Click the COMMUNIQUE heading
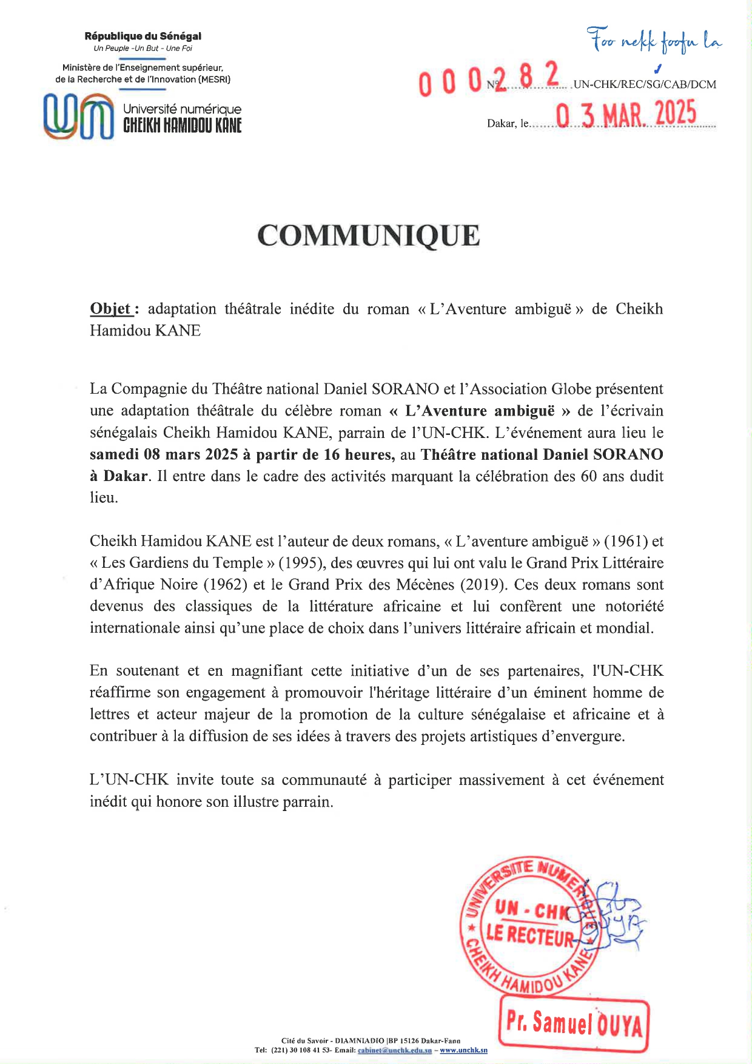coord(368,236)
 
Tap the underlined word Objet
coord(110,309)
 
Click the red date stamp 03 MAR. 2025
coord(626,114)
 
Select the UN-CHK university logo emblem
coord(79,116)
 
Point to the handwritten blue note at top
coord(654,40)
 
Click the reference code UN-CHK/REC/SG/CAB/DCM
coord(645,85)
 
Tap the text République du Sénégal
coord(143,36)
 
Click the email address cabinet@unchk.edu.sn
coord(395,1050)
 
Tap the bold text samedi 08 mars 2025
coord(164,454)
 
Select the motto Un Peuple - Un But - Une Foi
coord(143,49)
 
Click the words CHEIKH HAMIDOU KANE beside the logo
coord(182,126)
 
